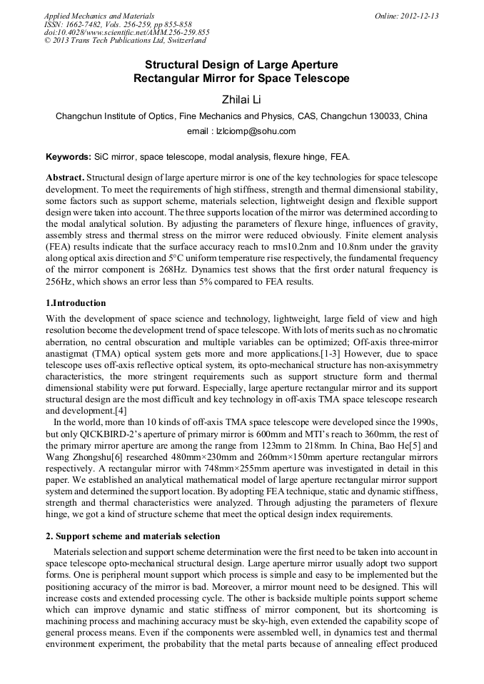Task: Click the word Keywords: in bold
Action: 69,156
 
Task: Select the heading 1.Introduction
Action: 76,303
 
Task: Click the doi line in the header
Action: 127,33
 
